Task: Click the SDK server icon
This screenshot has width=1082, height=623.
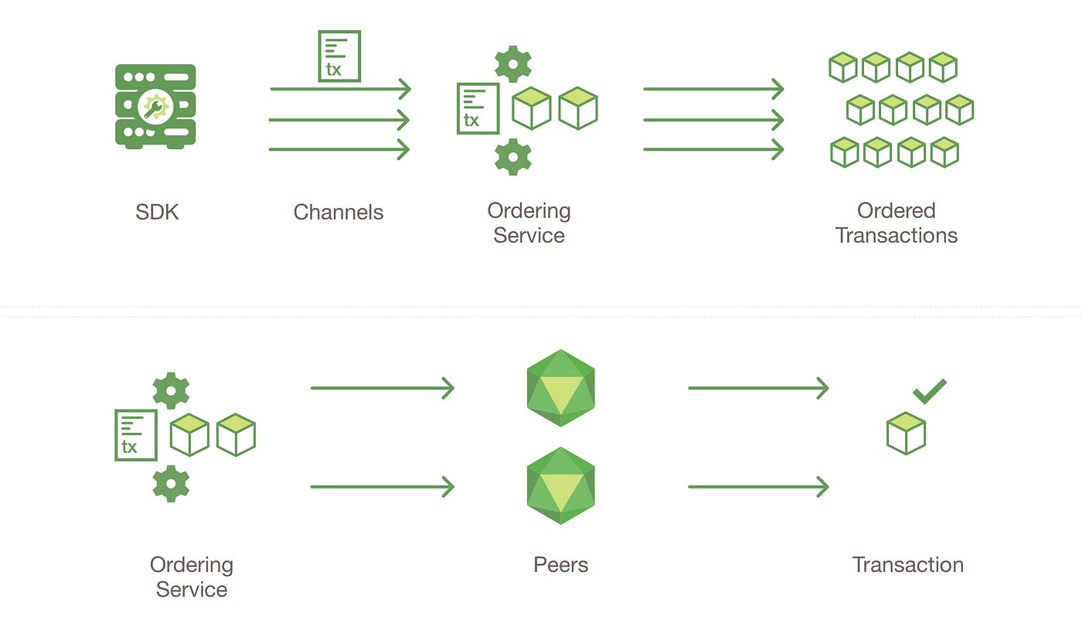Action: click(155, 106)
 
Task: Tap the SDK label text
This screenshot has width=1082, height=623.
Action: click(157, 212)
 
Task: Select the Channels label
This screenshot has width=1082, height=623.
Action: click(339, 212)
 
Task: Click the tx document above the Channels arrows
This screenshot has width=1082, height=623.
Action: click(339, 56)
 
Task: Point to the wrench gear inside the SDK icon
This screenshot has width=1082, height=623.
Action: click(155, 107)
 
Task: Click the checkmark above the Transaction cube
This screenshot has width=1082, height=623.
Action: click(929, 391)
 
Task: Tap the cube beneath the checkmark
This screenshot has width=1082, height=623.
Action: click(906, 433)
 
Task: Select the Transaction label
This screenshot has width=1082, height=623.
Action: click(907, 565)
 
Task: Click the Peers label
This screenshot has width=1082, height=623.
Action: click(560, 565)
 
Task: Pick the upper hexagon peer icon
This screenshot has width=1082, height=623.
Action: click(560, 388)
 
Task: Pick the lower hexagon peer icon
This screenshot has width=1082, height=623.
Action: click(560, 485)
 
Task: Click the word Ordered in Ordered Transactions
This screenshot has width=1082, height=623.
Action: click(896, 210)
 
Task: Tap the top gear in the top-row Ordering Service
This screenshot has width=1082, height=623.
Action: click(513, 63)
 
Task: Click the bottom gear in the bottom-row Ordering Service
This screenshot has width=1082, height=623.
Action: click(171, 484)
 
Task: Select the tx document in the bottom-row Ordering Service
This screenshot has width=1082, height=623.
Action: click(136, 435)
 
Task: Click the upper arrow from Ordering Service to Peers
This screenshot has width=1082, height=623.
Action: click(382, 388)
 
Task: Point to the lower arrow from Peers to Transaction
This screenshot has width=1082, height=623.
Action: click(758, 487)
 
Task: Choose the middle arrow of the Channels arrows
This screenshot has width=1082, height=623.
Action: click(339, 120)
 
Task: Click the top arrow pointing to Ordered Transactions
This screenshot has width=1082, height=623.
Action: click(713, 89)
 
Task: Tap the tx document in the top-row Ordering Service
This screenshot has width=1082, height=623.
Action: click(478, 108)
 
